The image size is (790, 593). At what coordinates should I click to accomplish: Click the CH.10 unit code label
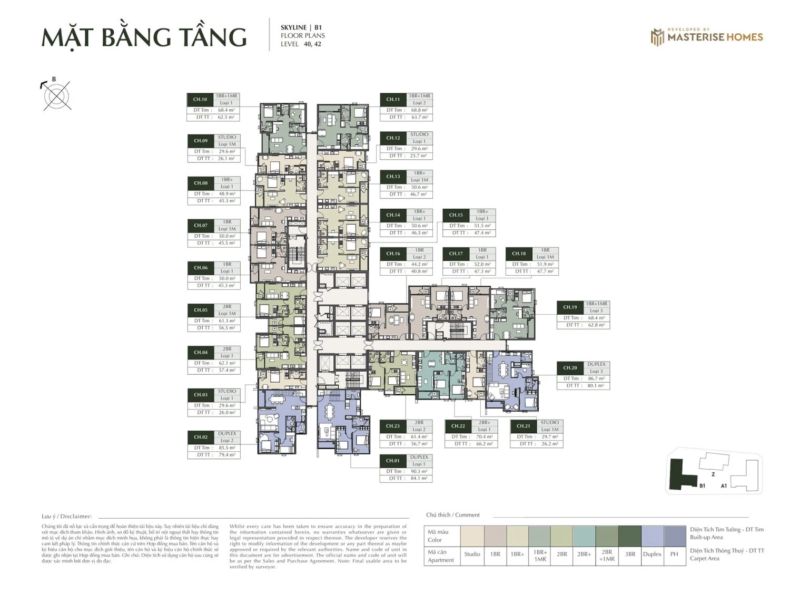point(200,99)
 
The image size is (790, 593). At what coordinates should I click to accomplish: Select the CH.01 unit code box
point(393,461)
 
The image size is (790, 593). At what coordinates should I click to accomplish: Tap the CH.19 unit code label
point(570,307)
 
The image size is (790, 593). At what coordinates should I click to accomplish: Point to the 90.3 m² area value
point(419,471)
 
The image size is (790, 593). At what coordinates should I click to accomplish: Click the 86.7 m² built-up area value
point(596,378)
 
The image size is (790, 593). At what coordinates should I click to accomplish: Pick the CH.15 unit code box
point(456,215)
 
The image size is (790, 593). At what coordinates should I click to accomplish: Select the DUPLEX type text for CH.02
point(227,434)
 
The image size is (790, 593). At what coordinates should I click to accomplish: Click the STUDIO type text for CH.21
point(549,423)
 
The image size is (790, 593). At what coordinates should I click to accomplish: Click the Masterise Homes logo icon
point(657,37)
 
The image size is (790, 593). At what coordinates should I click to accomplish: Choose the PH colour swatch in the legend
point(675,536)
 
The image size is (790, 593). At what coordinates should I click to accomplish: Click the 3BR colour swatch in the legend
point(630,536)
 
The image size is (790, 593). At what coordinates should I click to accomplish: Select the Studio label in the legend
point(472,554)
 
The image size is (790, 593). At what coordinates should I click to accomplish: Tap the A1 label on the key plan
point(724,485)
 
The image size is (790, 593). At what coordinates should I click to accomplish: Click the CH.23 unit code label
point(393,426)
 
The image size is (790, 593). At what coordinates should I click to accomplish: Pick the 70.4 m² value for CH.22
point(484,436)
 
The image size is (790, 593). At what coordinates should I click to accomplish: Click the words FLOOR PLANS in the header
point(303,36)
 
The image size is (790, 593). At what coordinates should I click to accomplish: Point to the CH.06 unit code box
point(201,268)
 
